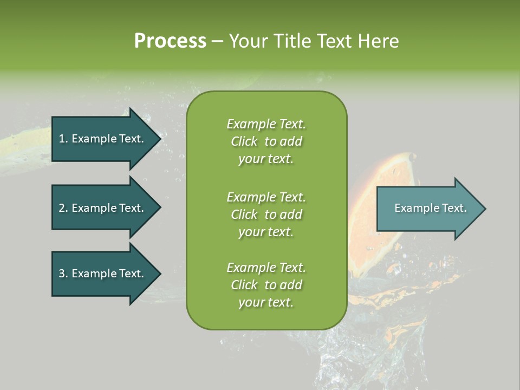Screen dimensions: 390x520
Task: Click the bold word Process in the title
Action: point(170,41)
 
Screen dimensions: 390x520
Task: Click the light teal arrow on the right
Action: point(428,209)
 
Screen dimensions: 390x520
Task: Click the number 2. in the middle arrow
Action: point(63,208)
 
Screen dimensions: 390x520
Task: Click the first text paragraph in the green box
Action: point(266,141)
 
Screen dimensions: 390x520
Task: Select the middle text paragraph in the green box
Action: point(266,214)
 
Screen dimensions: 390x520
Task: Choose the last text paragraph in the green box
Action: point(266,285)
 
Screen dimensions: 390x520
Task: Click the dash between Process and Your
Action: point(217,41)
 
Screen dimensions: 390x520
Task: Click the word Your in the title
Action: point(246,41)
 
